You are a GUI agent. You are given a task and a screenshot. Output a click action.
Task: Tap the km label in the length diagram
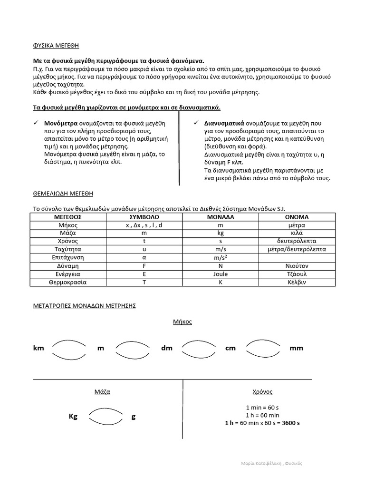click(x=38, y=348)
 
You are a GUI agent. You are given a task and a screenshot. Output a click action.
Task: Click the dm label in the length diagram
click(x=166, y=348)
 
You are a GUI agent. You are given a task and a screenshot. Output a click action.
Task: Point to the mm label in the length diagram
click(x=296, y=348)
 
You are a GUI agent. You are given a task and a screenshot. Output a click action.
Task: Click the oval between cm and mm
click(x=263, y=348)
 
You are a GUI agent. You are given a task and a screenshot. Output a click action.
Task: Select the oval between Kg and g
click(x=106, y=417)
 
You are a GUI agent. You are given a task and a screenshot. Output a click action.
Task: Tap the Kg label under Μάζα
click(x=73, y=417)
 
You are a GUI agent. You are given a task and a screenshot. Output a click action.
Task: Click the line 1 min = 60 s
click(x=262, y=408)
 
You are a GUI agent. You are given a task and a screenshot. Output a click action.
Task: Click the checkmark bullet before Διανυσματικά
click(x=195, y=123)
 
